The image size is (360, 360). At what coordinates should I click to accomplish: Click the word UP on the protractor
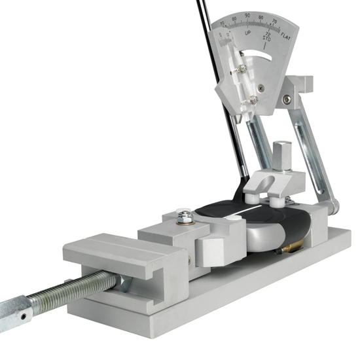pyautogui.click(x=248, y=32)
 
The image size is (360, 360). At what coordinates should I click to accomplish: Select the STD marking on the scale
pyautogui.click(x=265, y=39)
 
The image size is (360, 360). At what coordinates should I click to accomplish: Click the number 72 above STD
pyautogui.click(x=265, y=33)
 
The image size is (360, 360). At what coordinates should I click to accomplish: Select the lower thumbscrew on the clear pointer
pyautogui.click(x=252, y=99)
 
